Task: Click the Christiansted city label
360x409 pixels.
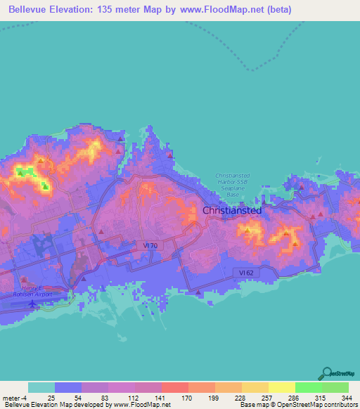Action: point(232,210)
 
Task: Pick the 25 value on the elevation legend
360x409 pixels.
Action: point(51,398)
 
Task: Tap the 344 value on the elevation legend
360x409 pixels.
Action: point(346,398)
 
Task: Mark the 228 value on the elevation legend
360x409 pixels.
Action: point(239,398)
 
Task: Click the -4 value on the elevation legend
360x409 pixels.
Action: point(25,398)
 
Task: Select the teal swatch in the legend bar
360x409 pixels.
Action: point(41,387)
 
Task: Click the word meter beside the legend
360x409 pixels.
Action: point(12,398)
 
